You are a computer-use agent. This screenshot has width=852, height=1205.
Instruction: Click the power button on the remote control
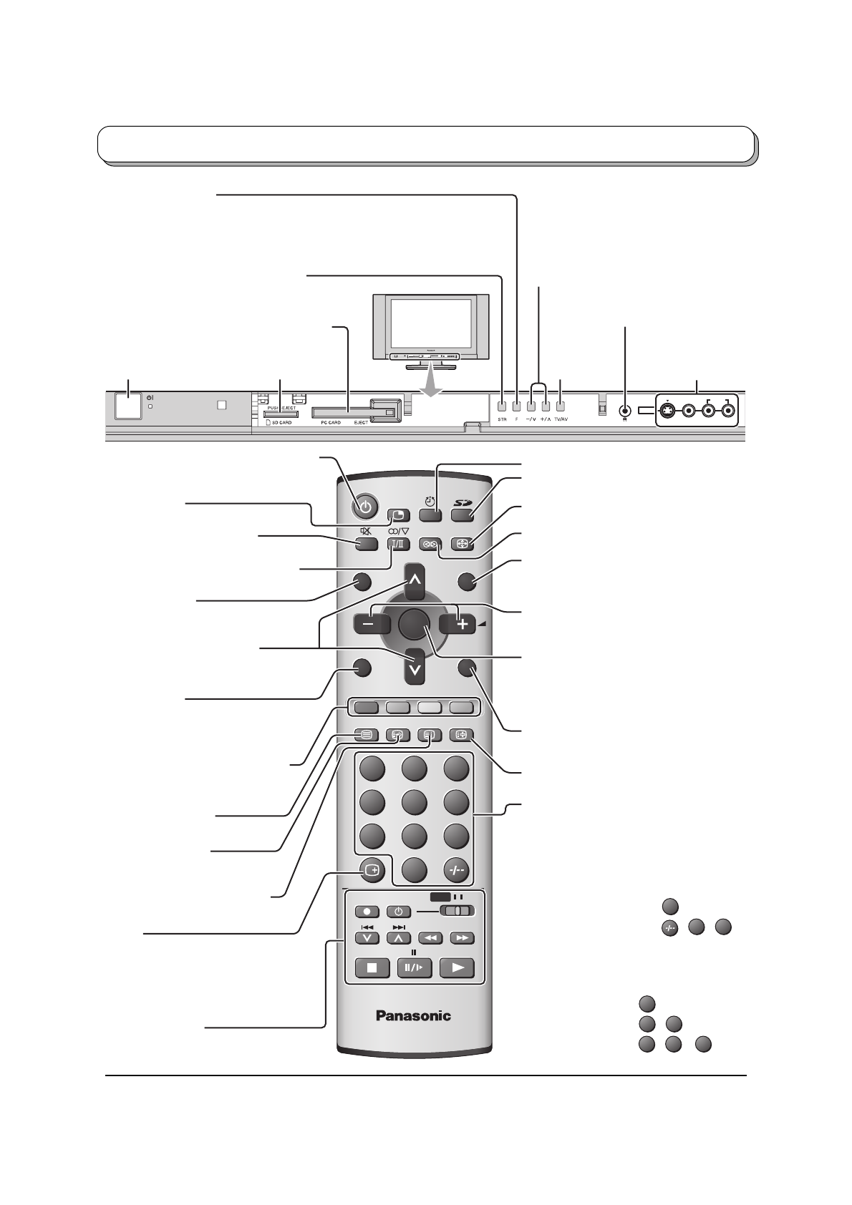pos(365,508)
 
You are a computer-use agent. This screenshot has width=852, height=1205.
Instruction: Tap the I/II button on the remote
pos(398,543)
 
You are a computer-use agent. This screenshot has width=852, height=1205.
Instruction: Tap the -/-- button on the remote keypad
pos(456,870)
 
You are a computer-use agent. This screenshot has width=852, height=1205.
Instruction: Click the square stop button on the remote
pos(372,968)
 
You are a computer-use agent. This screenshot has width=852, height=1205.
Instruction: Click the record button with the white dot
pos(367,912)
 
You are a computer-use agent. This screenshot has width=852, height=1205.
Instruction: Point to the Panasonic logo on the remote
pos(414,1015)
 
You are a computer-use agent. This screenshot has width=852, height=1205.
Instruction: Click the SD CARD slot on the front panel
pos(281,414)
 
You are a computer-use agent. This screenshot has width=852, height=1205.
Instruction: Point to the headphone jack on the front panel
pos(626,411)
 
